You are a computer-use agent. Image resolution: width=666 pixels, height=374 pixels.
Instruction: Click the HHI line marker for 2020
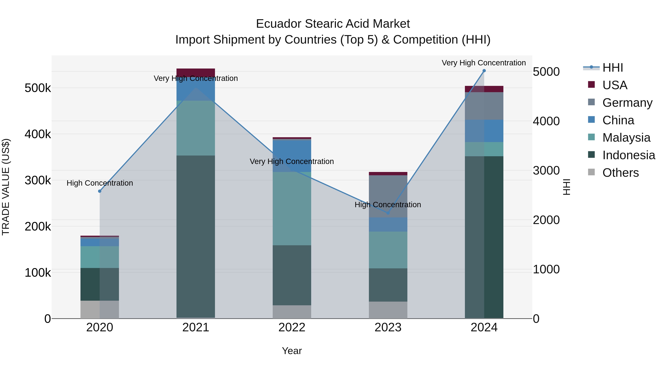(x=100, y=191)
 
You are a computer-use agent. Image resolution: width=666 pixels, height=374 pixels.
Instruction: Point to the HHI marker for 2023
(x=388, y=213)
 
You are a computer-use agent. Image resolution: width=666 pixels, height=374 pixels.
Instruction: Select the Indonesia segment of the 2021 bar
(x=196, y=236)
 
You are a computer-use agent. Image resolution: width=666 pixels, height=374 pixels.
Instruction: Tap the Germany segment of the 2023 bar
(x=388, y=196)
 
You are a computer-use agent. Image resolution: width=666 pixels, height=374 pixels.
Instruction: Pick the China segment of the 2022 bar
(x=292, y=156)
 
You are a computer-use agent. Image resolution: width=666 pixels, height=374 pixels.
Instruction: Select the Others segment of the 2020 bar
(x=100, y=310)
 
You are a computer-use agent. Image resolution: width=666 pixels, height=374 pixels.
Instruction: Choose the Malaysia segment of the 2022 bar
(x=292, y=209)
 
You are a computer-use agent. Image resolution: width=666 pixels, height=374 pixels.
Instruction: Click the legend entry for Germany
(x=627, y=103)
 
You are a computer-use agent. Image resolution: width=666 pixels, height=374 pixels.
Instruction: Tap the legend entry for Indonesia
(x=628, y=155)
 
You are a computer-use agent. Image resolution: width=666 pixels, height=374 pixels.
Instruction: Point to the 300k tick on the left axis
(x=38, y=180)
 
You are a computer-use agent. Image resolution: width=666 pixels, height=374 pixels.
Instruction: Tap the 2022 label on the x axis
(x=292, y=327)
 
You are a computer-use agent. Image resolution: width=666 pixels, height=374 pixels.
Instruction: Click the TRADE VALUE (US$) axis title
(x=6, y=187)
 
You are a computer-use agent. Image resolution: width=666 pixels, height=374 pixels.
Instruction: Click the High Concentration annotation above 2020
(x=100, y=183)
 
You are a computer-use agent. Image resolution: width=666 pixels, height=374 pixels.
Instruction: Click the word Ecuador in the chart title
(x=279, y=24)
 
